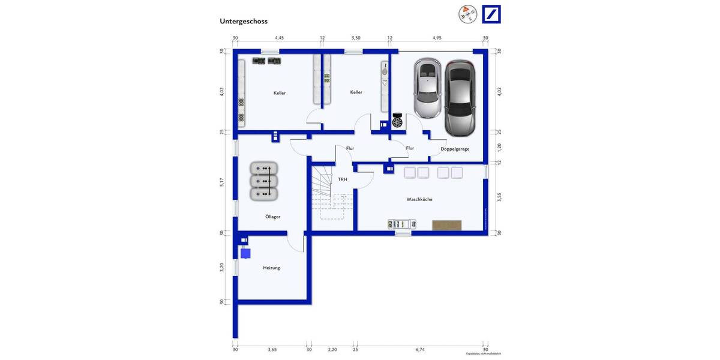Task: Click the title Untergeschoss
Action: pyautogui.click(x=244, y=21)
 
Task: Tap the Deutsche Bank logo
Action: pyautogui.click(x=491, y=14)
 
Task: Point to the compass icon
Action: pyautogui.click(x=467, y=14)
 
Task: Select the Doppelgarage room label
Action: pyautogui.click(x=455, y=149)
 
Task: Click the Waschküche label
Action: pyautogui.click(x=419, y=199)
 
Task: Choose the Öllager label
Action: pyautogui.click(x=273, y=217)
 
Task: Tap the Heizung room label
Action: pyautogui.click(x=271, y=268)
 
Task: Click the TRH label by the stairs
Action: pyautogui.click(x=342, y=179)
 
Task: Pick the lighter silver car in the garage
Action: pyautogui.click(x=427, y=88)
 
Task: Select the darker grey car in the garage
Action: pyautogui.click(x=460, y=98)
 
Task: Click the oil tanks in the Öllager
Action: pyautogui.click(x=263, y=181)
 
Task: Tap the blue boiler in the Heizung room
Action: pyautogui.click(x=246, y=253)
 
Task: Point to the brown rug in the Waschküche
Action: pyautogui.click(x=447, y=225)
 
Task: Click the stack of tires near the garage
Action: pyautogui.click(x=397, y=121)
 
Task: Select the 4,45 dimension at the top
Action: pyautogui.click(x=280, y=38)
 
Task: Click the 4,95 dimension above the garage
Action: pyautogui.click(x=437, y=38)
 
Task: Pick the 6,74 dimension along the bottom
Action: pyautogui.click(x=420, y=349)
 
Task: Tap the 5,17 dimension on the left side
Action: pyautogui.click(x=222, y=182)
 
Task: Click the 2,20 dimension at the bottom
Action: pyautogui.click(x=332, y=349)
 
